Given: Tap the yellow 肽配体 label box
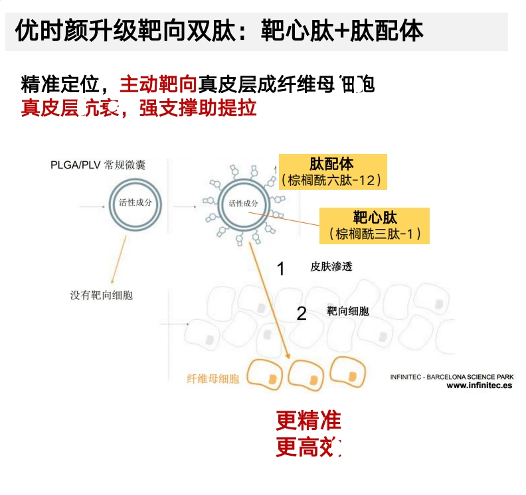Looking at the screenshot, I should tap(332, 172).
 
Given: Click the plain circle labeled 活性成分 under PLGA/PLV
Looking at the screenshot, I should tap(135, 204).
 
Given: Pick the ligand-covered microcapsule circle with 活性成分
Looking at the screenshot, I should tap(242, 204).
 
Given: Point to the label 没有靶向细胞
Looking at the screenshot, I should tap(101, 295).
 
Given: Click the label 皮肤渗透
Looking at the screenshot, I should tap(331, 267).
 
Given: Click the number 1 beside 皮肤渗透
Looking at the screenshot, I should tap(280, 269).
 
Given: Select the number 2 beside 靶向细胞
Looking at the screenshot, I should tap(302, 313).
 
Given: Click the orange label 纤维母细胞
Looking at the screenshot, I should tap(213, 380).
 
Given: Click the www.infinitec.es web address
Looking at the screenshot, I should tap(479, 386).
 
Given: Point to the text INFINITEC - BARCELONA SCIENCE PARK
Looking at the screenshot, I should tap(452, 376).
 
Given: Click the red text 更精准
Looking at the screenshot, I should tap(308, 421).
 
